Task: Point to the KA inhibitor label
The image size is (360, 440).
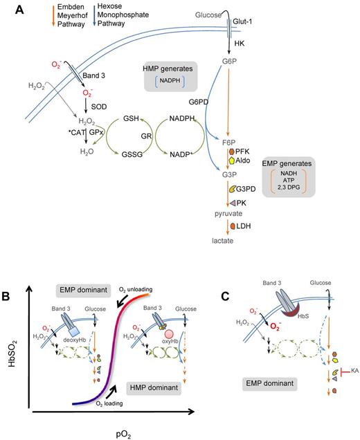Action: [349, 391]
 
